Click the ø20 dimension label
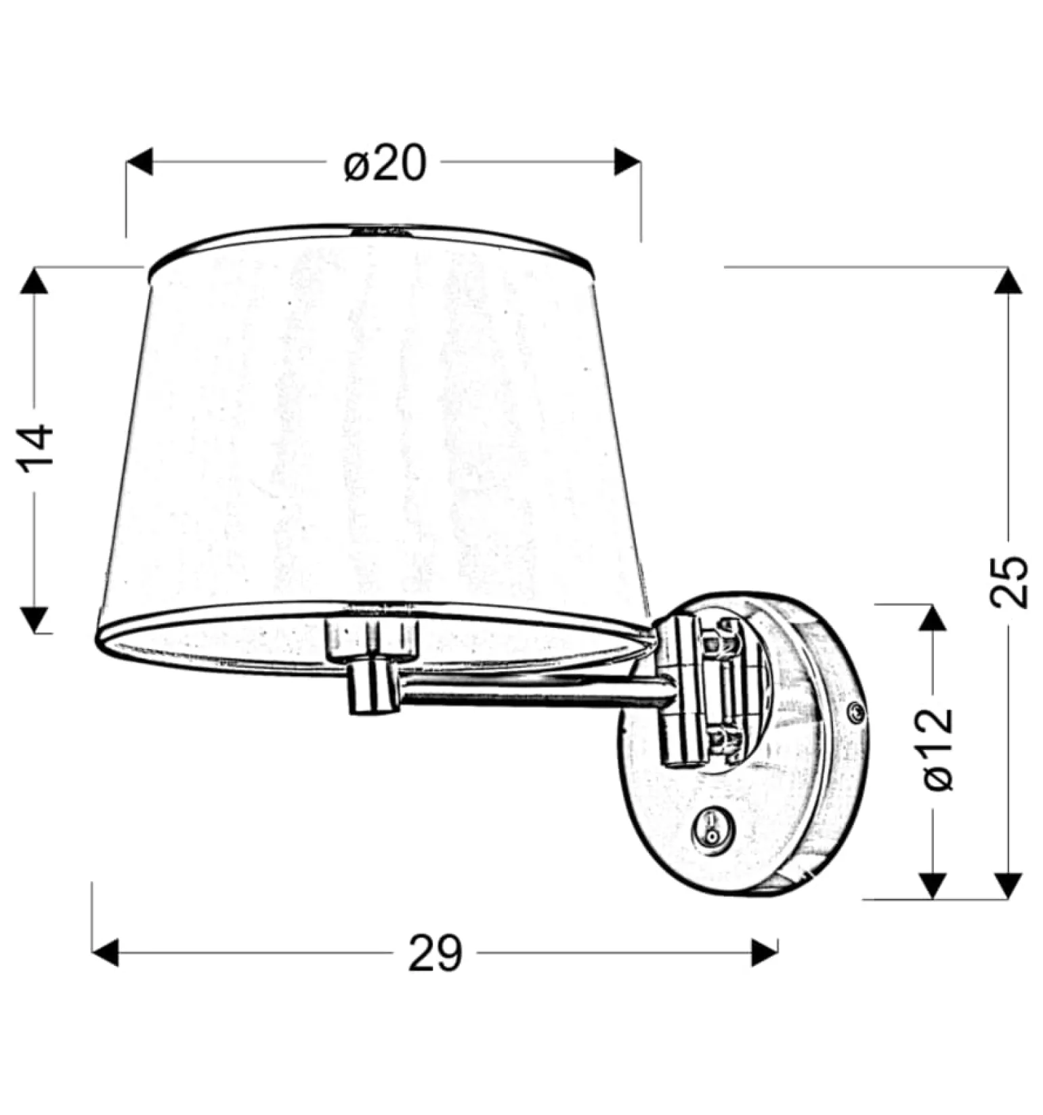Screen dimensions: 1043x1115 click(x=385, y=164)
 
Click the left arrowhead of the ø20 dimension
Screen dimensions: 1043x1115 click(x=140, y=163)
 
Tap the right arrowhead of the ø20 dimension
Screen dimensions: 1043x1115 click(x=627, y=163)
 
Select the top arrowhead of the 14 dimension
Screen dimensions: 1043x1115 click(x=35, y=280)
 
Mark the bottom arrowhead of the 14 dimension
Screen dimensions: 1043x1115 click(x=35, y=620)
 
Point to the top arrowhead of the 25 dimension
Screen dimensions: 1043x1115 click(x=1008, y=280)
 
